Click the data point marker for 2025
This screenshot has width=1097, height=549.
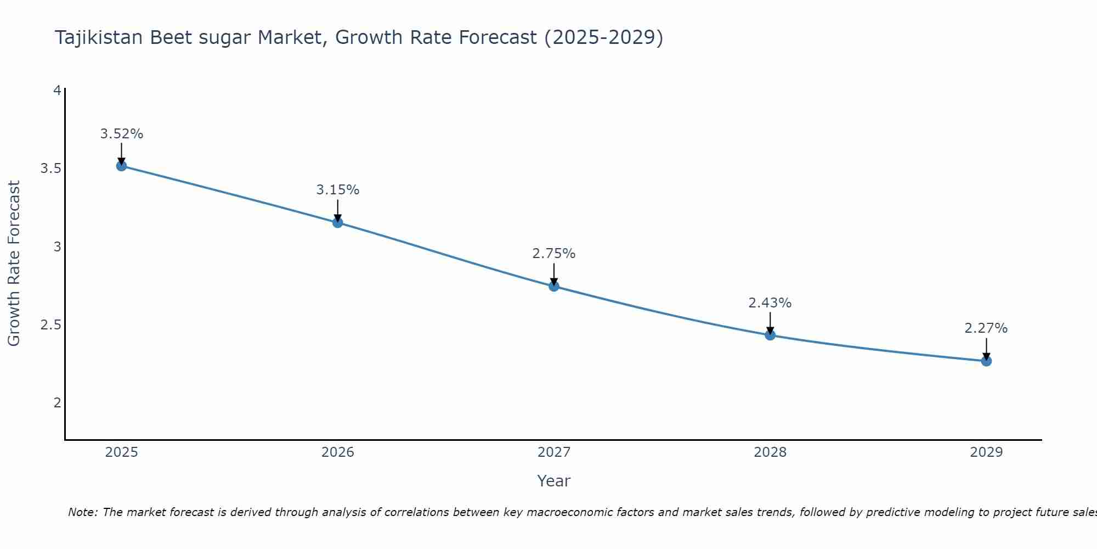point(122,166)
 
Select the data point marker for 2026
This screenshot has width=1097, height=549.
point(338,222)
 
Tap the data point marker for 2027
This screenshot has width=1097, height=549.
point(554,286)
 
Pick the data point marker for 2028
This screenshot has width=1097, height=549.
point(770,335)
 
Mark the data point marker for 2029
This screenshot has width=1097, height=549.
point(986,361)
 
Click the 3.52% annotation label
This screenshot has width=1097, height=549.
point(122,134)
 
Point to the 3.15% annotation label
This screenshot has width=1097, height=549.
point(338,190)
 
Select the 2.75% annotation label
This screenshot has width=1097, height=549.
point(554,254)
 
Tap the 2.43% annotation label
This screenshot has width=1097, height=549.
point(770,303)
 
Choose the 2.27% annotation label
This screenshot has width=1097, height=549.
point(986,328)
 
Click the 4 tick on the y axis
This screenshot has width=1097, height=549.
point(57,90)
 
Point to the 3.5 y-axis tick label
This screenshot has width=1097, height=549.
point(51,169)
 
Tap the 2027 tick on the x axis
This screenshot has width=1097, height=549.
point(554,452)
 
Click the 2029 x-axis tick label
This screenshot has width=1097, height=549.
point(986,452)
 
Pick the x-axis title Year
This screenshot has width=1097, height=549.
point(554,481)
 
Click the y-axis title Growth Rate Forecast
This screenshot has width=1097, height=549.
point(14,264)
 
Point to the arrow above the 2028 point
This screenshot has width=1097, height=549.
point(770,323)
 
